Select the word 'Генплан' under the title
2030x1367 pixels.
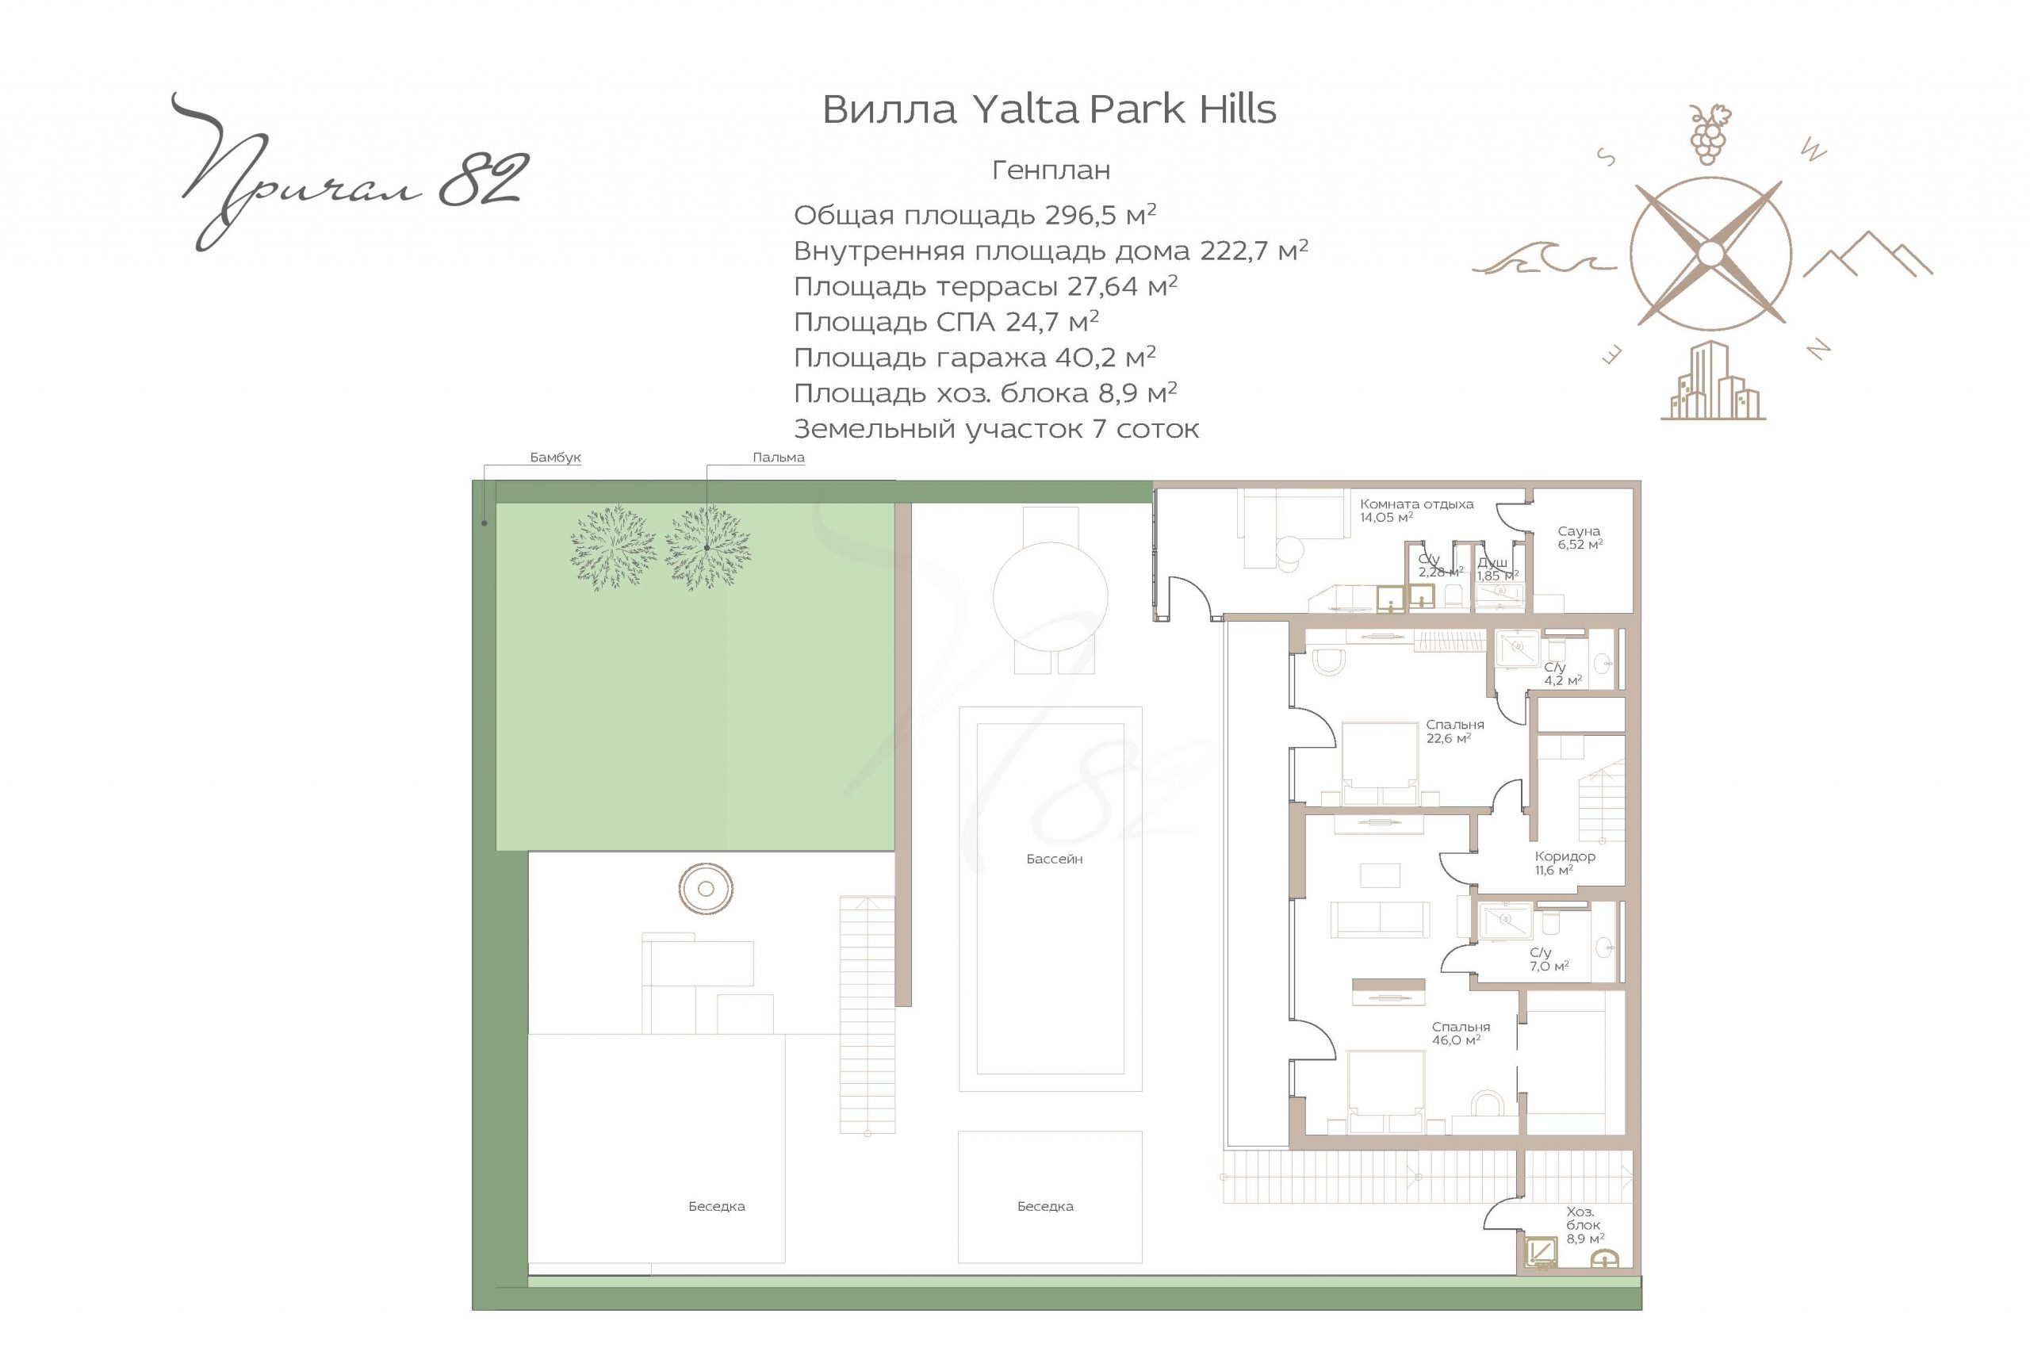pos(1051,170)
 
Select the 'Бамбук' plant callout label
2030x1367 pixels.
pos(555,457)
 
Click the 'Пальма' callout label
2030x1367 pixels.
pos(779,457)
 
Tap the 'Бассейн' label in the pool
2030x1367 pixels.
pos(1055,859)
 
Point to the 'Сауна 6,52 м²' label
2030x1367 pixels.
pos(1580,537)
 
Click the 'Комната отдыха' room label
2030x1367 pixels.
pos(1416,504)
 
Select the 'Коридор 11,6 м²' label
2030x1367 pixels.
pos(1565,863)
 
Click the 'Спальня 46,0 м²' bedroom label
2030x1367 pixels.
pos(1461,1033)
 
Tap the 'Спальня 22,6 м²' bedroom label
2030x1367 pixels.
pos(1455,730)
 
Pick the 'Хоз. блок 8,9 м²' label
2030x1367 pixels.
pos(1584,1225)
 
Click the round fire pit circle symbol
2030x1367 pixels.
pos(706,888)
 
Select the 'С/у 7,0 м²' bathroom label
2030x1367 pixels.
pos(1549,959)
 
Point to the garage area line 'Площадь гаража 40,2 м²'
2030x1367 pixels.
pos(975,358)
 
